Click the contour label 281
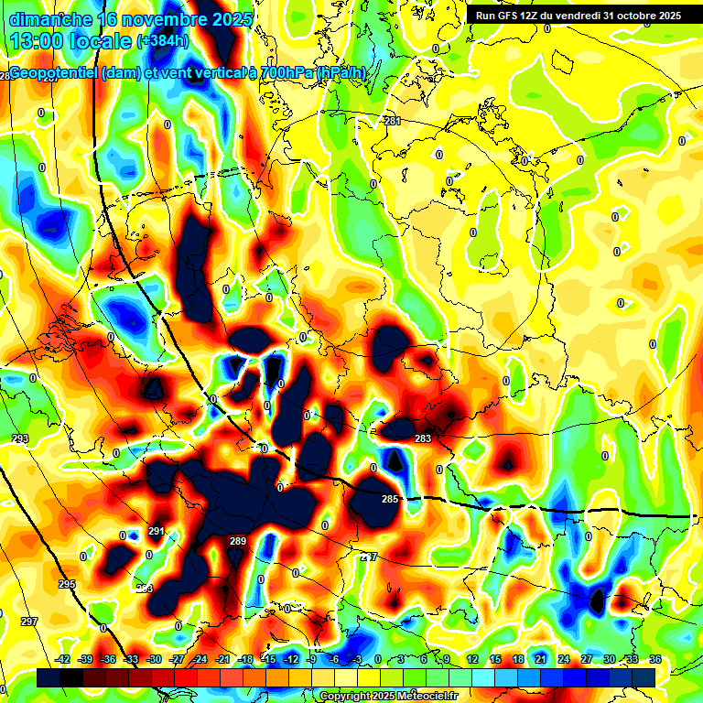tap(393, 121)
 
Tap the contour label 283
tap(423, 439)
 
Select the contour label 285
tap(390, 499)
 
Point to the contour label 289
tap(238, 542)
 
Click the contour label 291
tap(156, 531)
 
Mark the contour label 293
tap(20, 439)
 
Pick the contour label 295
tap(67, 584)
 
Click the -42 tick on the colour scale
tap(63, 659)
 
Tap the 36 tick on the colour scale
tap(655, 659)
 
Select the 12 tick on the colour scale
tap(472, 659)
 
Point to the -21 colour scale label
tap(222, 659)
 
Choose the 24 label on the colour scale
tap(563, 659)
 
